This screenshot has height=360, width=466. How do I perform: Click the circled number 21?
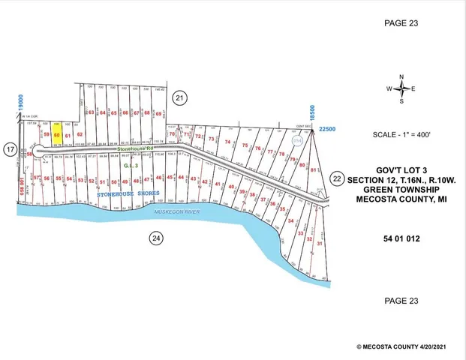(x=179, y=97)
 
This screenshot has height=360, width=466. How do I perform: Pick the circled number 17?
(x=10, y=150)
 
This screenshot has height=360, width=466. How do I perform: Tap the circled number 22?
(x=337, y=178)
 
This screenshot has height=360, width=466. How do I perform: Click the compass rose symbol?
(x=401, y=88)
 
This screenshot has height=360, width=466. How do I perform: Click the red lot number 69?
(x=159, y=113)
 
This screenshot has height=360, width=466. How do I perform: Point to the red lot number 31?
(x=320, y=244)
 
